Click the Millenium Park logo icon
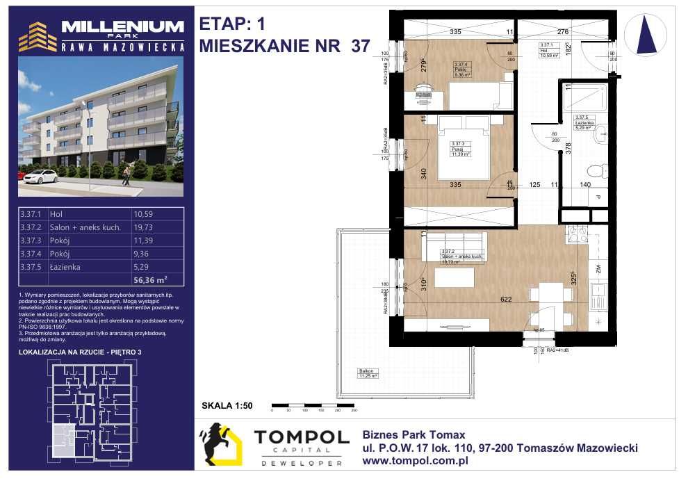(x=38, y=36)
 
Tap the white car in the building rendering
(x=40, y=175)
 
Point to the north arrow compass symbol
(x=646, y=35)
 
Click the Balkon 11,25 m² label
(x=368, y=373)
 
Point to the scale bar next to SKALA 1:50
(x=313, y=405)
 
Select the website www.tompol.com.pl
(x=416, y=459)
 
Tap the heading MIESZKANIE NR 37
(x=284, y=46)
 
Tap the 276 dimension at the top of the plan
(x=563, y=32)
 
